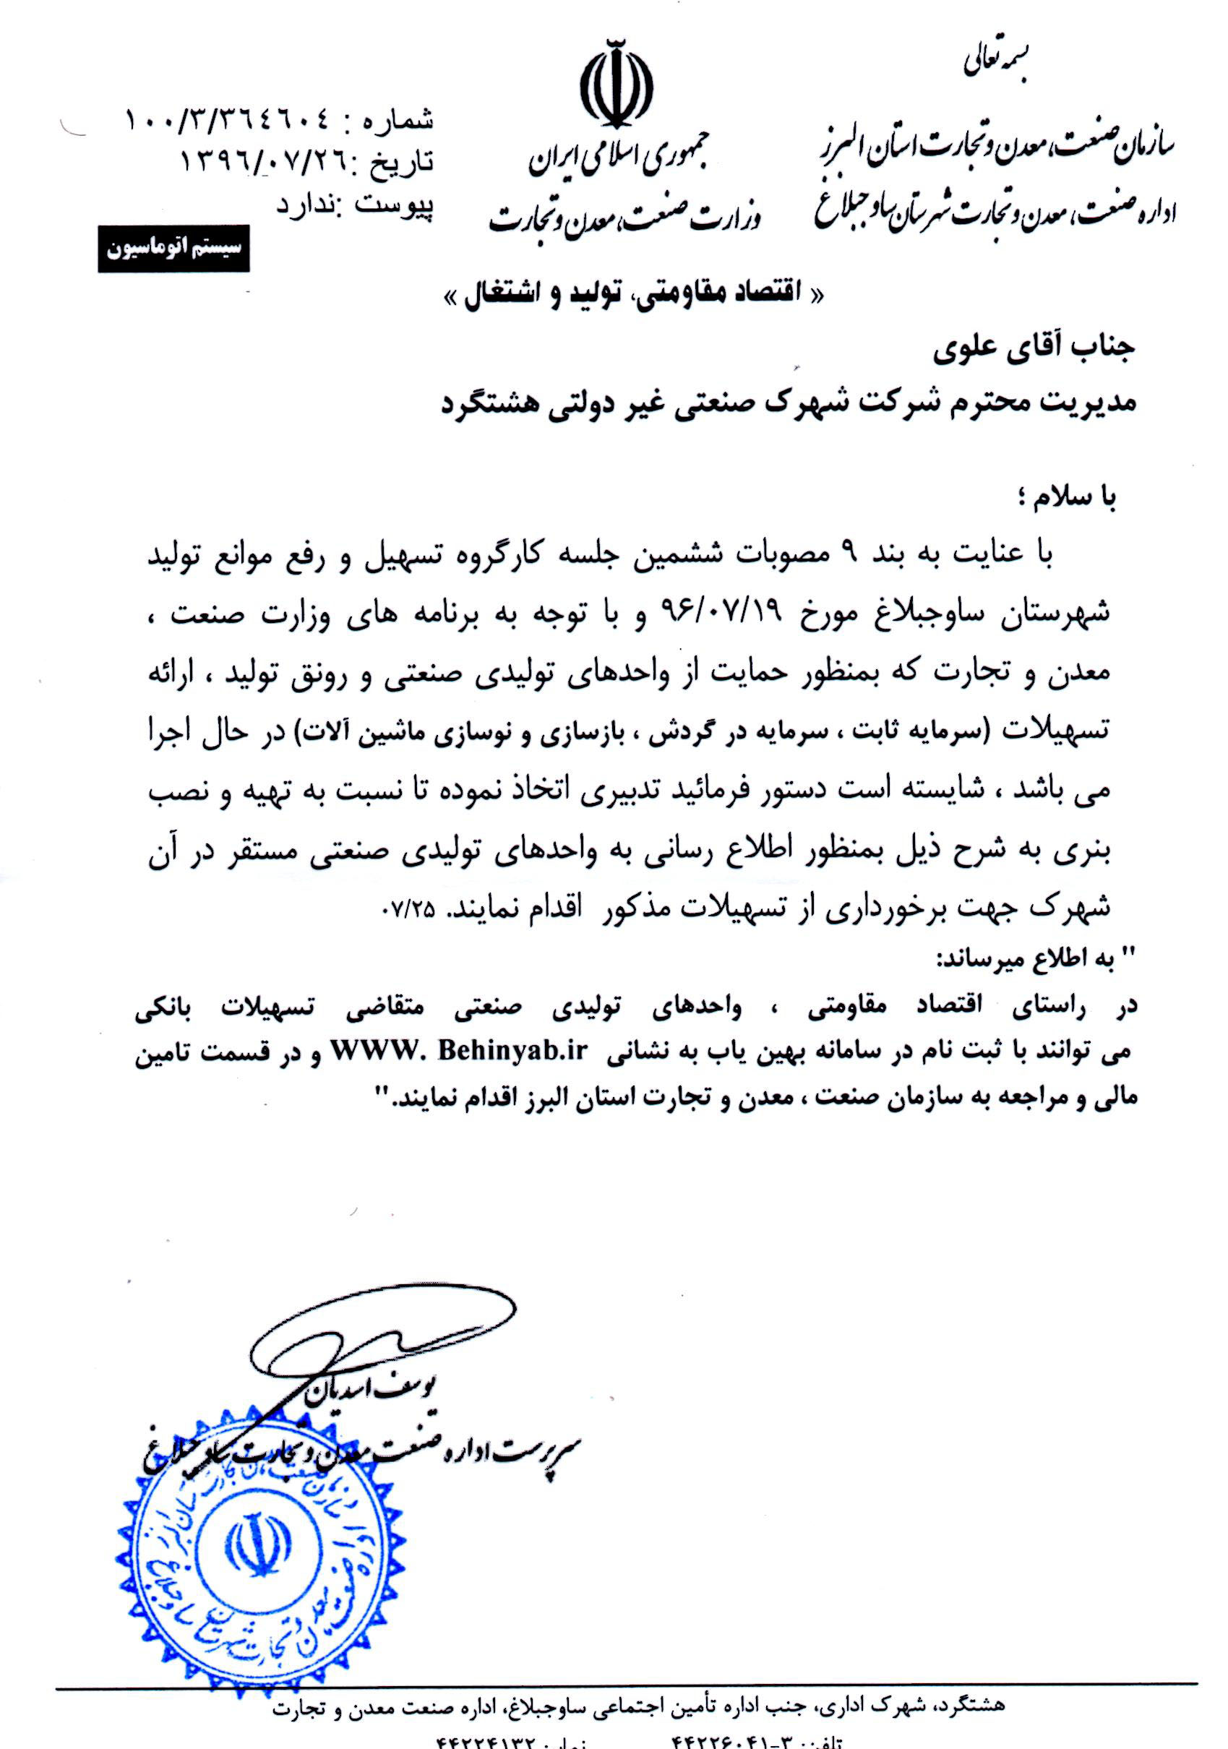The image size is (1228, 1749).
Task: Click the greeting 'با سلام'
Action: click(x=1071, y=497)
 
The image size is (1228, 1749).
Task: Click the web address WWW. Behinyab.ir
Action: click(x=512, y=1050)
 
